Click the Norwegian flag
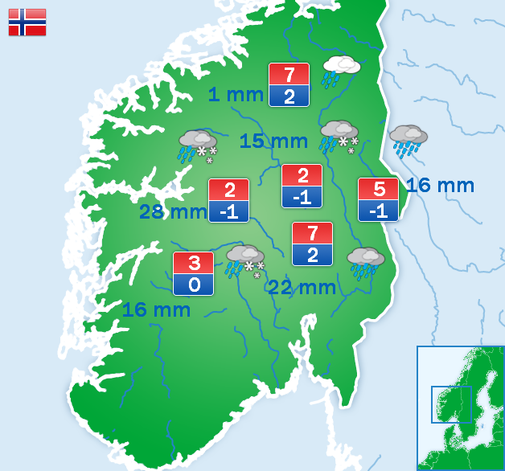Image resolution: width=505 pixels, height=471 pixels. point(27,23)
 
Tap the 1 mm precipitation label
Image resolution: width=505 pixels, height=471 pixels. point(236,95)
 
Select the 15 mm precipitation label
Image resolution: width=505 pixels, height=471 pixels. point(273,141)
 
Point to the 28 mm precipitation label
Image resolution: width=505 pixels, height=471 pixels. point(173,212)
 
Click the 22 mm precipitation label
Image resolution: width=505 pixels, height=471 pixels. point(302,287)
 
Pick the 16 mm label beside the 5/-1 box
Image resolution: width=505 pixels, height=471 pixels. point(440,186)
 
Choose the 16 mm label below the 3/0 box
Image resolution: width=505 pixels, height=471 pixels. point(156,309)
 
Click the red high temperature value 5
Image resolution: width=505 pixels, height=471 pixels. point(378,189)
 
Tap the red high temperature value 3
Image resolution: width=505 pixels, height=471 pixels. point(194,263)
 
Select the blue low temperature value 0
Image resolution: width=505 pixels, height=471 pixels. point(194,284)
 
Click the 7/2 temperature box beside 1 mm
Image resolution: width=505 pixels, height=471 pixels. point(289,84)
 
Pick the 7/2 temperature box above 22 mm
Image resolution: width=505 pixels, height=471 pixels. point(312,244)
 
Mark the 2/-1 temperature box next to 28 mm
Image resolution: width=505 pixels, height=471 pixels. point(228,200)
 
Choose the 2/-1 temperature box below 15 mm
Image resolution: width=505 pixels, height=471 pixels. point(302,186)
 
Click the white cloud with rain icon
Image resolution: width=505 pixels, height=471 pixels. point(340,70)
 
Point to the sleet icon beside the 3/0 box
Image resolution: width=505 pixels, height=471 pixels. point(245,262)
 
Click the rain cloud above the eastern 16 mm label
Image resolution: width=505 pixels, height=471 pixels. point(408,140)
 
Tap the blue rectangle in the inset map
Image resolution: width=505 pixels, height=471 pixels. point(451,404)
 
